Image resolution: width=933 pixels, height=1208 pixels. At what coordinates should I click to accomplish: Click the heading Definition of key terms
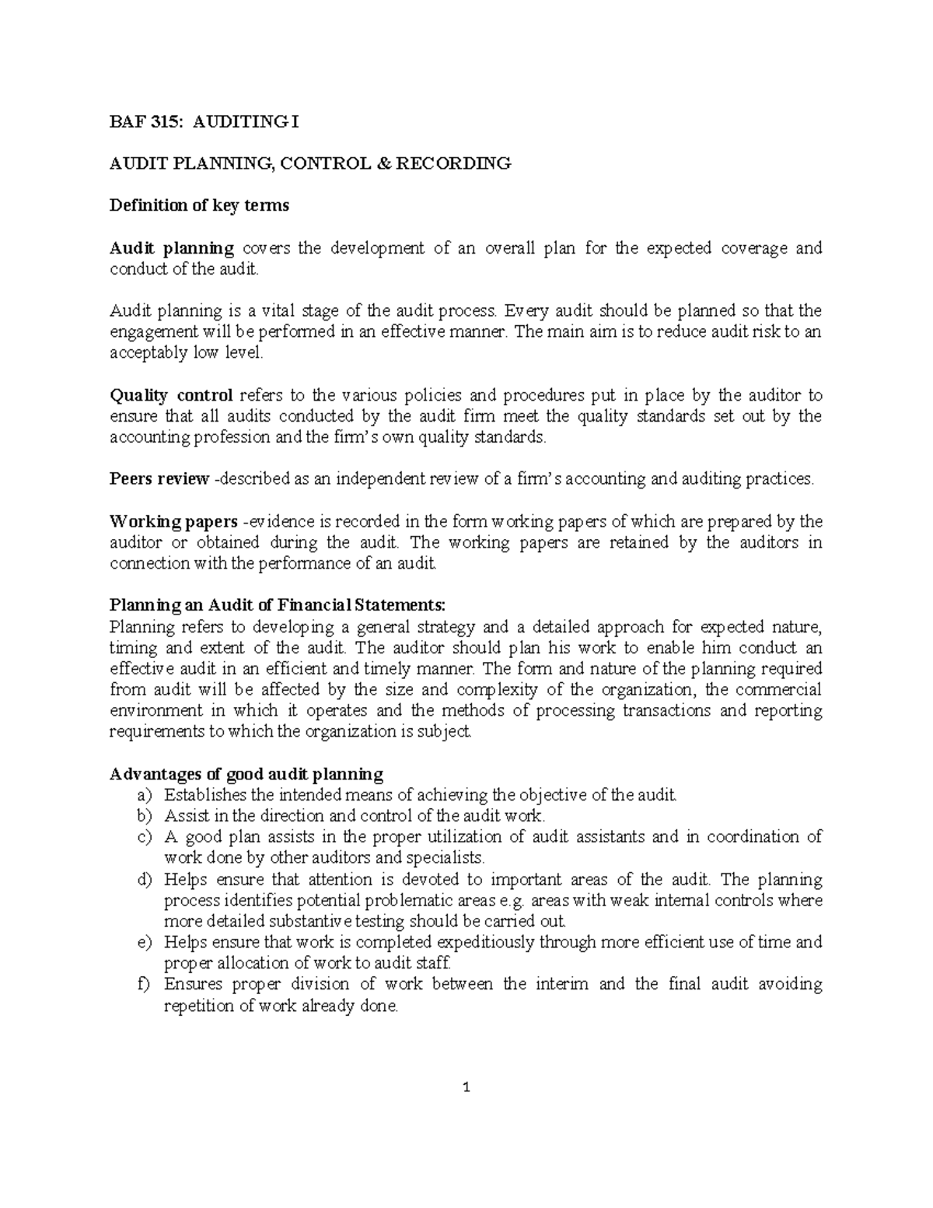pyautogui.click(x=199, y=205)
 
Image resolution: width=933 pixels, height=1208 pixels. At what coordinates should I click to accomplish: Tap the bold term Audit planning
pyautogui.click(x=172, y=248)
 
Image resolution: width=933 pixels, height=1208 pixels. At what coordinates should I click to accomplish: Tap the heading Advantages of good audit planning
pyautogui.click(x=246, y=774)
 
